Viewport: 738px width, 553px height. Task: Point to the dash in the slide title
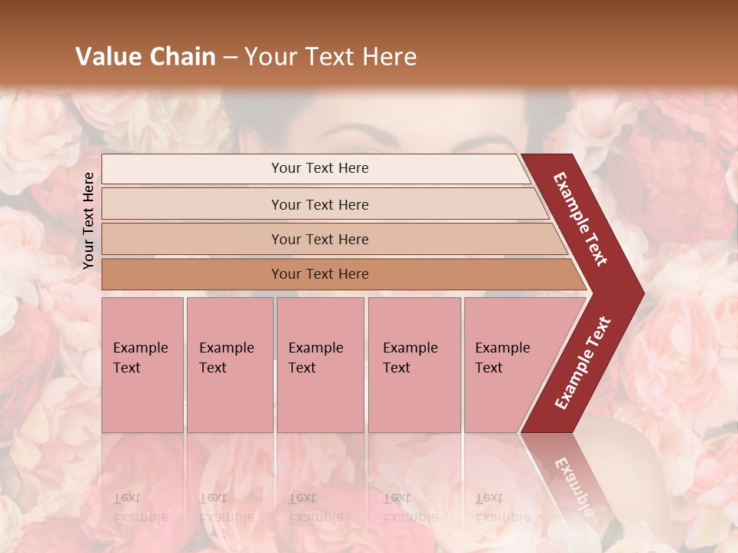click(231, 58)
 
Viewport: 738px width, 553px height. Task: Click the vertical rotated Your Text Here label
click(88, 220)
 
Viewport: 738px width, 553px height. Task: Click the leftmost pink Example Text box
click(142, 365)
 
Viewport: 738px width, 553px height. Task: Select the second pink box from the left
click(229, 365)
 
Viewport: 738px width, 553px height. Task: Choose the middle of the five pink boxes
click(320, 365)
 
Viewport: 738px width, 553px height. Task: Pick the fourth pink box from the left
click(414, 365)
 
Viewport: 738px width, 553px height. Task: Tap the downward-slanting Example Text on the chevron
click(580, 219)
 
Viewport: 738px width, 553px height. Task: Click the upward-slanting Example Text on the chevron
click(583, 363)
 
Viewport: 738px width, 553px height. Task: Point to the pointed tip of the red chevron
click(642, 293)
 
